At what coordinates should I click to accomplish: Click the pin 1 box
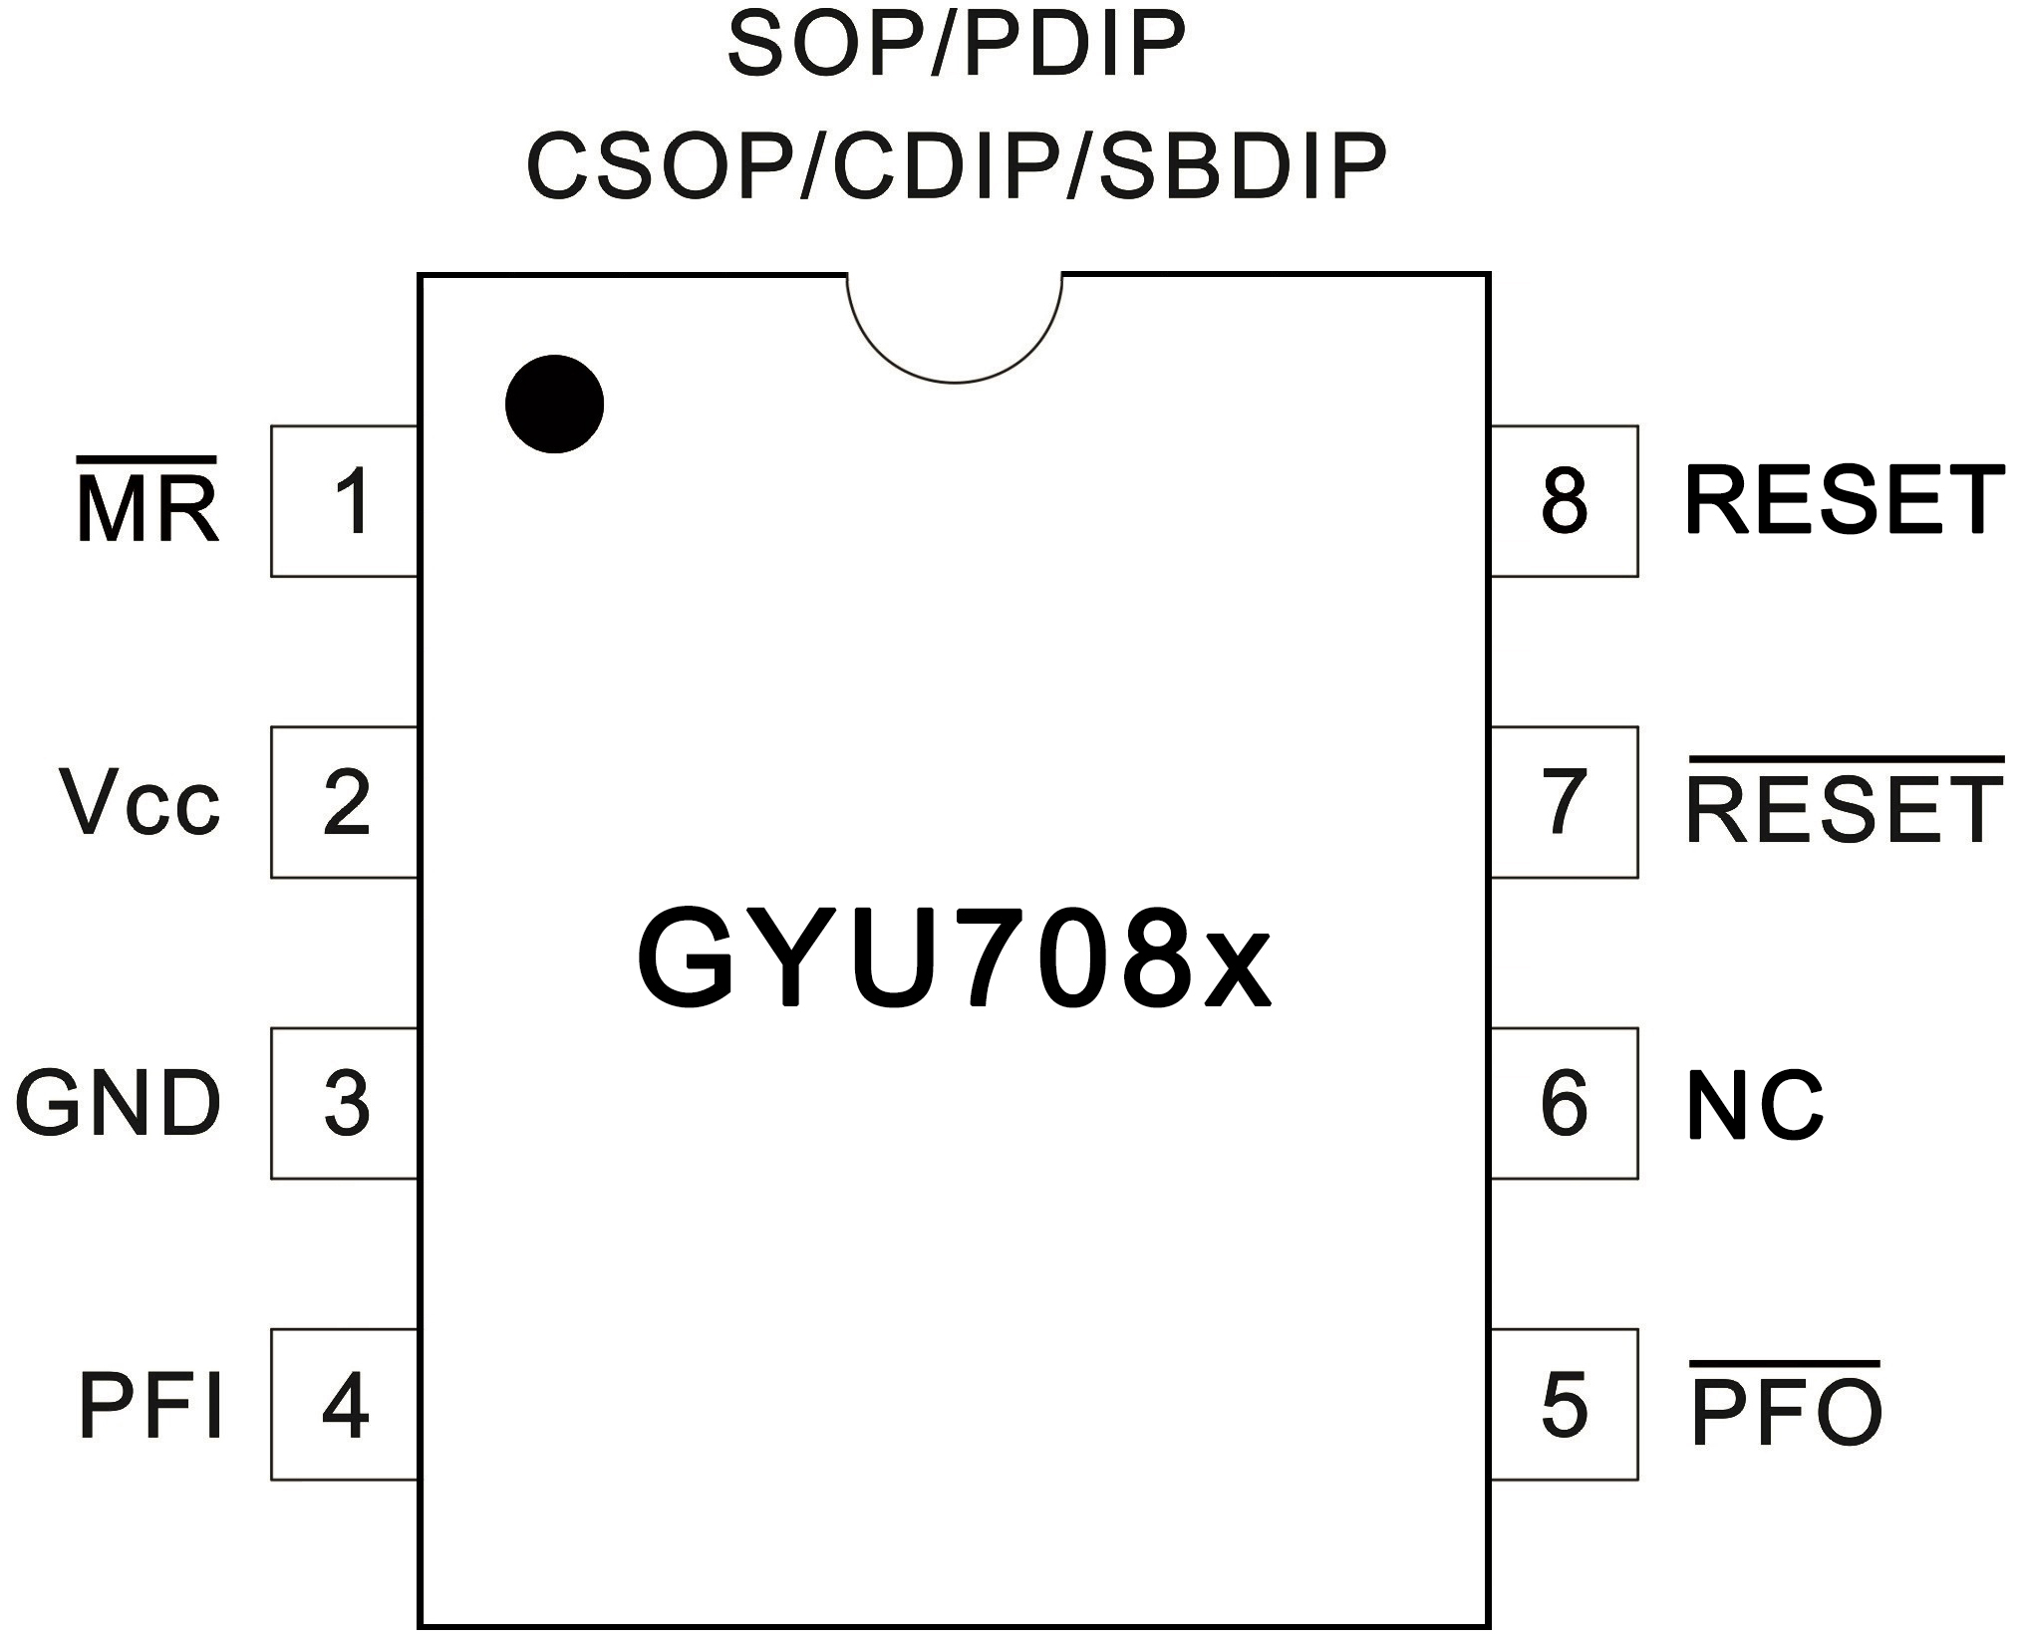tap(344, 501)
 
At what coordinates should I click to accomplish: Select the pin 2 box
tap(344, 802)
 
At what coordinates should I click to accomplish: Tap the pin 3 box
tap(344, 1103)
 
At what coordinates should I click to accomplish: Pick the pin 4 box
tap(344, 1405)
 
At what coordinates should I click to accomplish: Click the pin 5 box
tap(1564, 1405)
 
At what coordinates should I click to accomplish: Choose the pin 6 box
tap(1564, 1103)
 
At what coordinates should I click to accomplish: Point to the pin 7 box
tap(1564, 802)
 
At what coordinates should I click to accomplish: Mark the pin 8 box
tap(1564, 501)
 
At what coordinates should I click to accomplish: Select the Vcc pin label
tap(140, 803)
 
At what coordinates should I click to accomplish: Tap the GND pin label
tap(118, 1104)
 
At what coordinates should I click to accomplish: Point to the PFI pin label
tap(149, 1406)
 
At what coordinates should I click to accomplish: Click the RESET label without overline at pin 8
tap(1845, 501)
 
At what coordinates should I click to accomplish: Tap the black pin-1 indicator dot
tap(554, 404)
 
